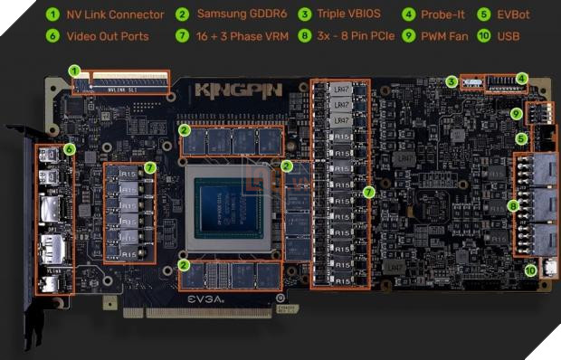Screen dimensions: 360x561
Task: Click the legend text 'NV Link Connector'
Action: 116,14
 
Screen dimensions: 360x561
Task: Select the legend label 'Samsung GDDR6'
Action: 241,14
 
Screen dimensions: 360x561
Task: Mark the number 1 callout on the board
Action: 74,70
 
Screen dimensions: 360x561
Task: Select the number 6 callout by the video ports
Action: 70,148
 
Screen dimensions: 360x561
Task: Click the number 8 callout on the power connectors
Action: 514,205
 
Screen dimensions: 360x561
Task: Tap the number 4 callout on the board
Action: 521,78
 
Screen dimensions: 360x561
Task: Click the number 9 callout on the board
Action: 515,114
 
